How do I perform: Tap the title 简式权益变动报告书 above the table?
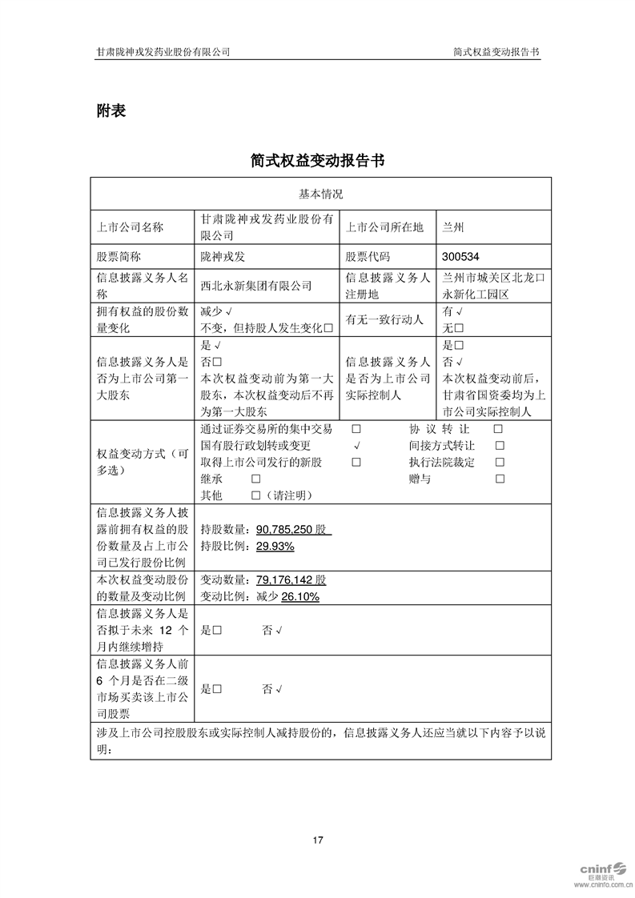(x=317, y=161)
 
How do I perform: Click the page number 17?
(x=318, y=840)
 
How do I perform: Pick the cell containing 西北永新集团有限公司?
(x=256, y=285)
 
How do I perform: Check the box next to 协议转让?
(x=498, y=429)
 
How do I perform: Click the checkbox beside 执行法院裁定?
(x=499, y=463)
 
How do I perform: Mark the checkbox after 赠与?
(x=500, y=479)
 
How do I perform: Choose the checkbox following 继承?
(x=255, y=479)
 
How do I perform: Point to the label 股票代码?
(x=368, y=257)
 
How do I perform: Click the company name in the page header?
(x=163, y=51)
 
